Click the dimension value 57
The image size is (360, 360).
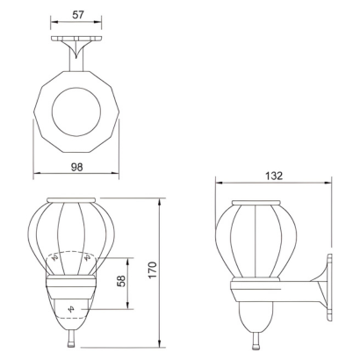tap(78, 15)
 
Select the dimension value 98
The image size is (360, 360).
tap(77, 167)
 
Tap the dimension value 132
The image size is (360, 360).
tap(274, 176)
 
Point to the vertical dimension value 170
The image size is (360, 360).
tap(153, 270)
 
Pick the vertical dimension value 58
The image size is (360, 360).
tap(122, 281)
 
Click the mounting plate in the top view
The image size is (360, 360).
tap(76, 39)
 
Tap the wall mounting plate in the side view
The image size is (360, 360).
tap(329, 288)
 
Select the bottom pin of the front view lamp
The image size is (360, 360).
tap(71, 341)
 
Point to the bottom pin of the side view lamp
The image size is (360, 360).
tap(256, 342)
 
